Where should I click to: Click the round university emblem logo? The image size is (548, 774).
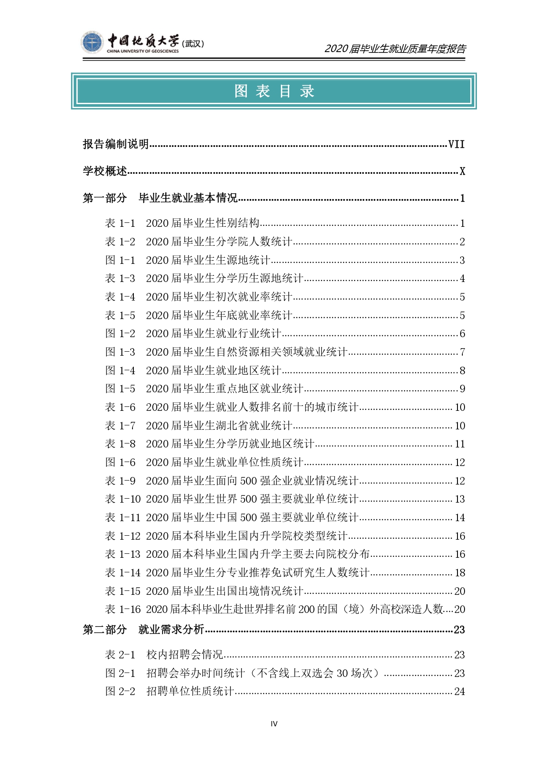92,43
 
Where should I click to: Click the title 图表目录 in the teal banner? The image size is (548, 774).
274,91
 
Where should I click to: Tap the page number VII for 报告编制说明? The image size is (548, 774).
456,144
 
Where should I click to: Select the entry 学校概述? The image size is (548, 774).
105,171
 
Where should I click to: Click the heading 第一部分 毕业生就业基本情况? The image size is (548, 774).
160,198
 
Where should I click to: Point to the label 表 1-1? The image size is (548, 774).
120,223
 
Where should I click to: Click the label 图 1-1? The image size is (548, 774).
120,260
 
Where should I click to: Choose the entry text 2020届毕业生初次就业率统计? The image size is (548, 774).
219,297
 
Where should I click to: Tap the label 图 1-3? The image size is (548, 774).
120,352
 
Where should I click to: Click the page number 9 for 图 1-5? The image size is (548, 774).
462,389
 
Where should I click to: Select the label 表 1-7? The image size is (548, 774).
120,426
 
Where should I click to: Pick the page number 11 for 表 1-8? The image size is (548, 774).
460,444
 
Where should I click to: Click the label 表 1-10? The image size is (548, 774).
123,499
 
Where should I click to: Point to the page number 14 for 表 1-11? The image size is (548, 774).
460,518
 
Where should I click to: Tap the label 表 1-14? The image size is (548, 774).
123,573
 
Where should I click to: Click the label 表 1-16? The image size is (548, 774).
123,609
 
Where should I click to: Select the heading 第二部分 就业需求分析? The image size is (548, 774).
144,630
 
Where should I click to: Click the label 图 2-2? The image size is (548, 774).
120,691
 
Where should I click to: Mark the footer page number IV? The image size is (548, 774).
274,724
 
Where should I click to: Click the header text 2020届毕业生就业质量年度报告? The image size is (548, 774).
395,49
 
